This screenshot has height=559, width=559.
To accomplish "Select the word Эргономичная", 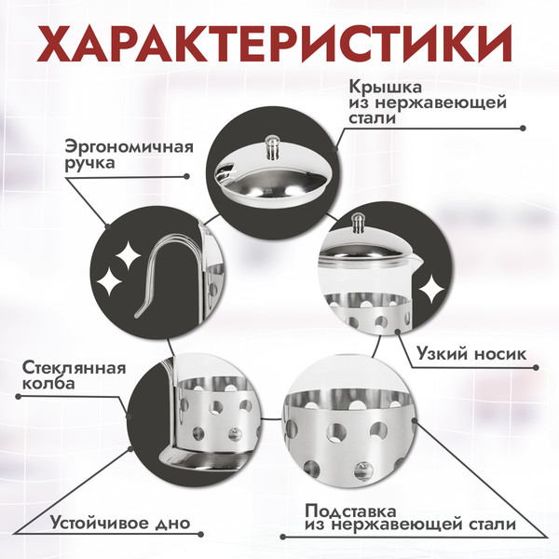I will (x=129, y=146).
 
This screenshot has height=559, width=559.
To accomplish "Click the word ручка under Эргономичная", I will (x=90, y=164).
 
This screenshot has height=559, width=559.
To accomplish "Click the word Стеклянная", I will (x=73, y=367).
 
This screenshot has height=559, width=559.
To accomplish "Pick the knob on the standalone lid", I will (x=272, y=144).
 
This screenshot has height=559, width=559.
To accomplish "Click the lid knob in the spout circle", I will (x=358, y=224).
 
